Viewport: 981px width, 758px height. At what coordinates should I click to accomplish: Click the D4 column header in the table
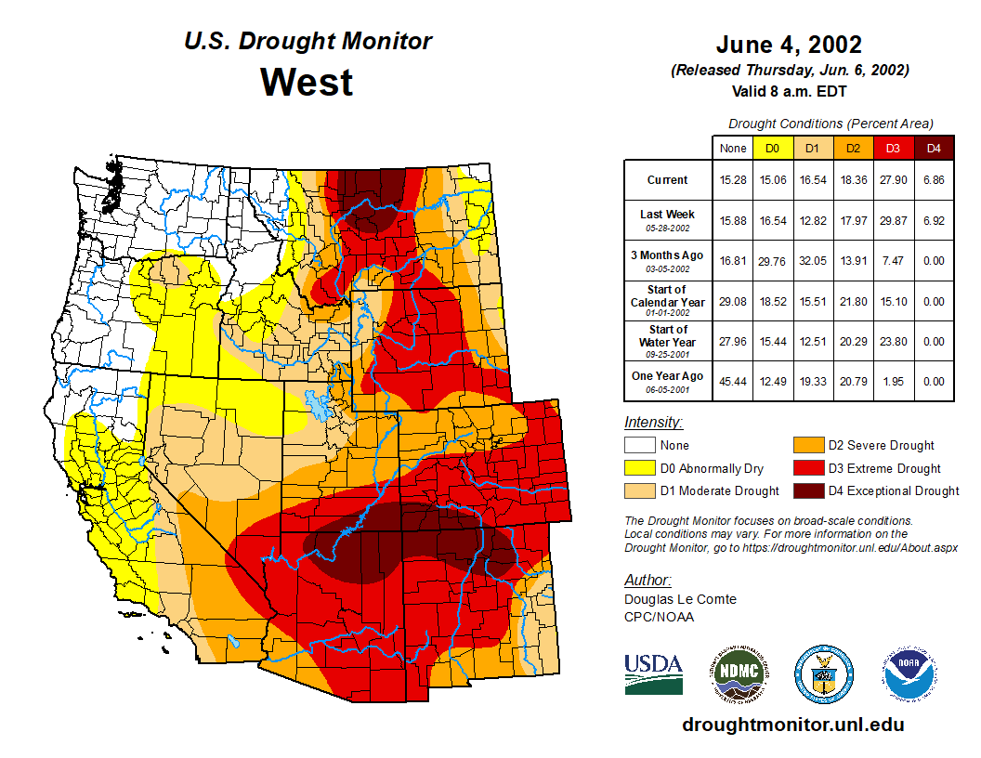pyautogui.click(x=934, y=149)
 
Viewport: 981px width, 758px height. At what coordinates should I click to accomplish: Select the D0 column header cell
pyautogui.click(x=772, y=149)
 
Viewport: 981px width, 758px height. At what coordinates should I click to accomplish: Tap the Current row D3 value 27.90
pyautogui.click(x=893, y=180)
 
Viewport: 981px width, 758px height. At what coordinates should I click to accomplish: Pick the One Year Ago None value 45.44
pyautogui.click(x=732, y=381)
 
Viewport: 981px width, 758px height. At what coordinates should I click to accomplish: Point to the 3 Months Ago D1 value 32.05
pyautogui.click(x=812, y=261)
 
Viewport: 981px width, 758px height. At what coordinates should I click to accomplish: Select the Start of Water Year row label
pyautogui.click(x=668, y=336)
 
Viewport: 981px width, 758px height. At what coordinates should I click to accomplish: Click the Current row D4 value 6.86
pyautogui.click(x=934, y=180)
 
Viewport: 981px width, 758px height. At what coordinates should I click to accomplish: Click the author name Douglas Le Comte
pyautogui.click(x=680, y=599)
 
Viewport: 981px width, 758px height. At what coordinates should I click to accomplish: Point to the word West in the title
pyautogui.click(x=307, y=82)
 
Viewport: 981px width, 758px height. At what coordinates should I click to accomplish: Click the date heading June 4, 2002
pyautogui.click(x=789, y=45)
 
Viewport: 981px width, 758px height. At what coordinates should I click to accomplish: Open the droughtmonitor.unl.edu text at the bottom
pyautogui.click(x=792, y=725)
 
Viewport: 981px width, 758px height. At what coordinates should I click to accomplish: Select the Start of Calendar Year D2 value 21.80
pyautogui.click(x=853, y=302)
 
